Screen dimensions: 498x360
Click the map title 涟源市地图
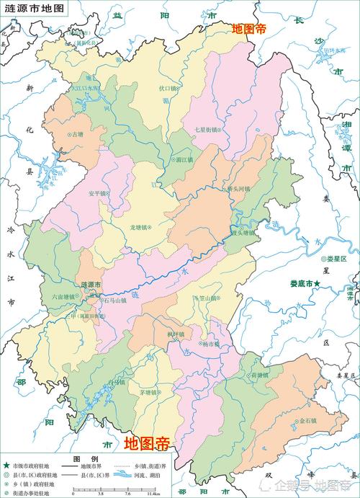[x=33, y=9]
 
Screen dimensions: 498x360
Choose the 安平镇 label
[x=98, y=193]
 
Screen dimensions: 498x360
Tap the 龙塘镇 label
[x=140, y=227]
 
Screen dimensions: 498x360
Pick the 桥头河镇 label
[x=235, y=190]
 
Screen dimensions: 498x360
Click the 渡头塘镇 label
[x=243, y=233]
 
